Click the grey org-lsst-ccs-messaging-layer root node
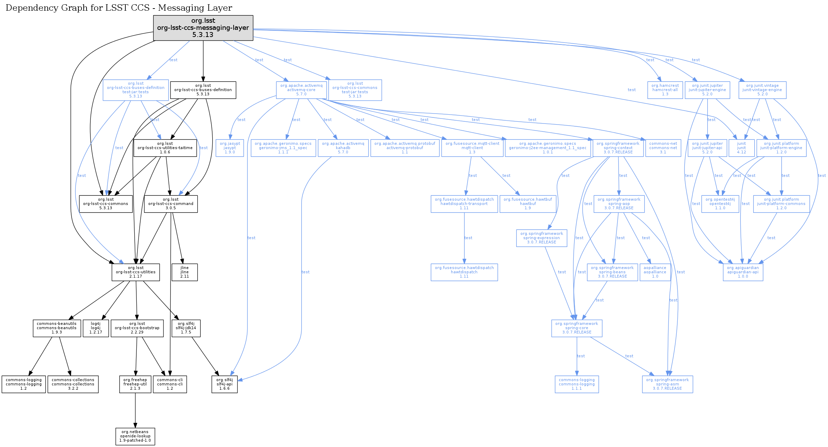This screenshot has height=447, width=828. (x=203, y=28)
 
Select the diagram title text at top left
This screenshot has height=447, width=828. (x=119, y=8)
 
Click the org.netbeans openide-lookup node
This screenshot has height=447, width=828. (x=135, y=436)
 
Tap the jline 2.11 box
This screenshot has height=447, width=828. (x=184, y=272)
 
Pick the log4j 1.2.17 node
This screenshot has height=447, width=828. (x=95, y=328)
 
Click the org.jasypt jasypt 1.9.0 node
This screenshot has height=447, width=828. (x=230, y=148)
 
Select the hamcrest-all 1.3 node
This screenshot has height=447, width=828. (x=665, y=90)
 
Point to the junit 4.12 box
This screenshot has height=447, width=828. (x=741, y=148)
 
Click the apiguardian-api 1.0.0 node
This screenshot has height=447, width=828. (x=743, y=272)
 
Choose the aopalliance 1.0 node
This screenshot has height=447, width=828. (x=655, y=272)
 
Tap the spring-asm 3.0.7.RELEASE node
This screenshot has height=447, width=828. (x=667, y=384)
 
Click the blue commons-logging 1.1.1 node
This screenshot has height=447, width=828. (x=577, y=384)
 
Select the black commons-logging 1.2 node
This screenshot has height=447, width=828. (x=24, y=384)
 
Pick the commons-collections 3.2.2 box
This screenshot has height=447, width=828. (x=73, y=384)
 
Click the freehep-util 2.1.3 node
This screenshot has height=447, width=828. (x=135, y=384)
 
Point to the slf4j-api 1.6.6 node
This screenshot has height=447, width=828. (x=224, y=384)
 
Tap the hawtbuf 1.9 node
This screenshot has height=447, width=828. (x=528, y=204)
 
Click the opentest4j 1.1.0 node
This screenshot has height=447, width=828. (x=720, y=204)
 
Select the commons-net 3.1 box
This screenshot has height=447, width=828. (x=663, y=148)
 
